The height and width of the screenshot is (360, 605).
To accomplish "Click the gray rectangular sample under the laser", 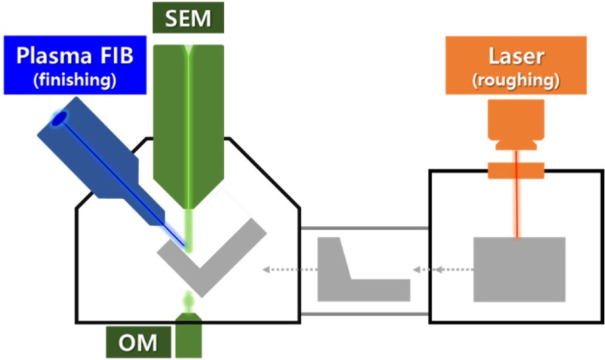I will click(520, 268).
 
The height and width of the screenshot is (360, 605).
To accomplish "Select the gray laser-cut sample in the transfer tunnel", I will click(355, 276).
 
